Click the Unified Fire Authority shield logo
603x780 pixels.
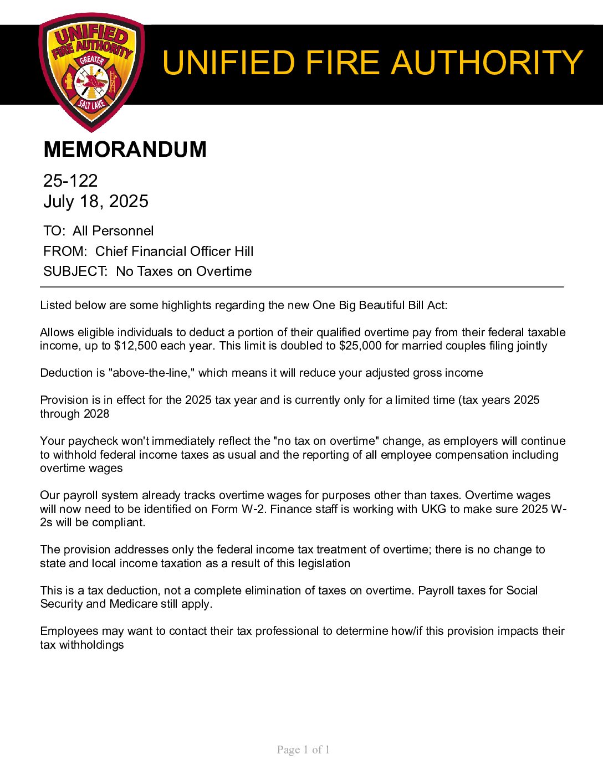click(91, 72)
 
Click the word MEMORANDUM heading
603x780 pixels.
click(125, 150)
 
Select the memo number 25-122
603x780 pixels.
click(70, 181)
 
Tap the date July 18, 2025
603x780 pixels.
click(96, 201)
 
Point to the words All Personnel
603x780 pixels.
click(113, 231)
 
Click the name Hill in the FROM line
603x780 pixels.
click(244, 252)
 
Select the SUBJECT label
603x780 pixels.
click(75, 271)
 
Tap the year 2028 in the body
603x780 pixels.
click(96, 414)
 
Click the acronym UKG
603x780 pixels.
click(433, 509)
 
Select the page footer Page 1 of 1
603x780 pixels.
click(303, 750)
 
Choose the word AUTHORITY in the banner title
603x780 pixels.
click(487, 63)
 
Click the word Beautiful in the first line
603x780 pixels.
click(382, 305)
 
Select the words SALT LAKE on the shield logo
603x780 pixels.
click(92, 103)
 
